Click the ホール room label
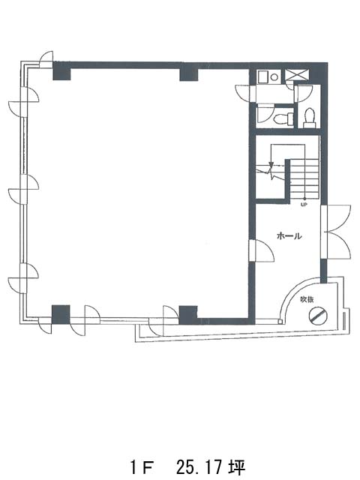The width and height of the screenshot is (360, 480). tap(289, 235)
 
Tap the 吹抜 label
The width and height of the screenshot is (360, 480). tap(307, 299)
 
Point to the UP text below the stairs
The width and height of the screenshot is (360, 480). tap(304, 205)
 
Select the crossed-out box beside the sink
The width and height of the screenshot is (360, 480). tap(298, 75)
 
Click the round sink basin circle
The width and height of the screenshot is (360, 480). tap(274, 77)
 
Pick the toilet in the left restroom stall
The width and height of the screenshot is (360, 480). tap(283, 118)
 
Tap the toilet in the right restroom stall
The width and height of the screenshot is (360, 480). tap(309, 118)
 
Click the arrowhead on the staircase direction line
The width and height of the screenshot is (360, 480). tap(270, 164)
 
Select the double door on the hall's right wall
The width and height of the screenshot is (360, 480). tap(336, 232)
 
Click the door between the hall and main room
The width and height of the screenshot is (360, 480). tap(262, 250)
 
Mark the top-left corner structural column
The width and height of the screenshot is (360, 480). tap(61, 71)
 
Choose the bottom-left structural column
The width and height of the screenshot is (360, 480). tap(61, 314)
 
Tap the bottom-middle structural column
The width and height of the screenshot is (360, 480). tap(187, 315)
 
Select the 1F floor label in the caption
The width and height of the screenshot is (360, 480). tap(142, 467)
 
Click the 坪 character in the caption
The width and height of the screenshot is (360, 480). tap(238, 466)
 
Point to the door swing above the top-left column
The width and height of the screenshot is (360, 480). tap(46, 59)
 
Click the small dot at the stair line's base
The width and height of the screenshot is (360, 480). tap(304, 199)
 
